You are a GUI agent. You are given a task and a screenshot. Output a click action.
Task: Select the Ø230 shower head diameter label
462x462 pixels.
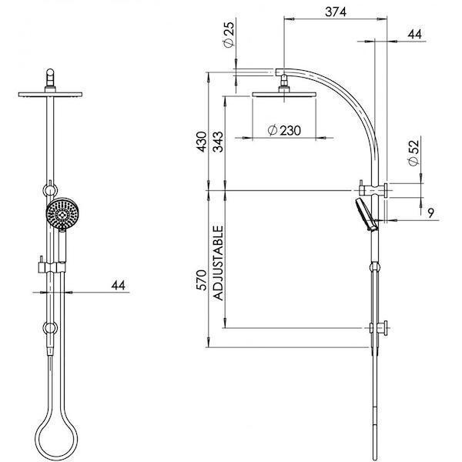tap(284, 131)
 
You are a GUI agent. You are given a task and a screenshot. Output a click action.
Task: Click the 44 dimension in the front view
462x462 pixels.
tap(118, 285)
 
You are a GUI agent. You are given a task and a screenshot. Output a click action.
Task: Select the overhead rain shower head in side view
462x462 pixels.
tap(283, 94)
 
